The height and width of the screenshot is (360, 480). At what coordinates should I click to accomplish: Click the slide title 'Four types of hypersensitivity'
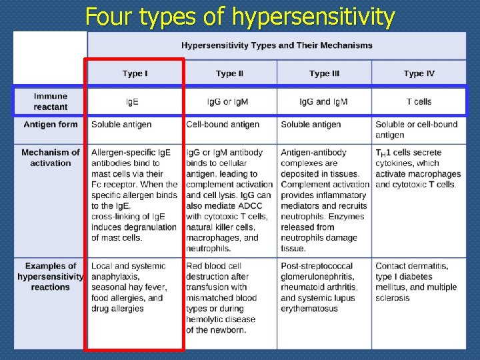click(240, 16)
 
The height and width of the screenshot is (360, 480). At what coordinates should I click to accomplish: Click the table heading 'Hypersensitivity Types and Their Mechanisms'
click(277, 45)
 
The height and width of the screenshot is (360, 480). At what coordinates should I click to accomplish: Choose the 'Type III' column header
click(325, 73)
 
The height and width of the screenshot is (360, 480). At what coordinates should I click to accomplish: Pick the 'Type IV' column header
click(419, 73)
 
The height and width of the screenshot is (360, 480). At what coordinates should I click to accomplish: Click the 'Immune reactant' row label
click(51, 101)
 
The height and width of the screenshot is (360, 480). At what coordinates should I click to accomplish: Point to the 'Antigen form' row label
click(51, 125)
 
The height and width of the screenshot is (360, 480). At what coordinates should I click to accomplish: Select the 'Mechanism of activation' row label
click(51, 157)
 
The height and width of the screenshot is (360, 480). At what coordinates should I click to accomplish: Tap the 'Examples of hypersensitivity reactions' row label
click(51, 276)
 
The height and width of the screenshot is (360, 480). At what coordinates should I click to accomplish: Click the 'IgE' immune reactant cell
click(133, 101)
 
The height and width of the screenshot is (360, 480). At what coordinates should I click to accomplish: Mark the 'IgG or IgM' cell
click(228, 101)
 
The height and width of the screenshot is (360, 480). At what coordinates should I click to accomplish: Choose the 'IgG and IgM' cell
click(323, 101)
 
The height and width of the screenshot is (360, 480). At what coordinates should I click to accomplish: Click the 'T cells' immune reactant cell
click(419, 101)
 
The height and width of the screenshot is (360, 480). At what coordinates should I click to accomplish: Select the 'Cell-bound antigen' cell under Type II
click(223, 125)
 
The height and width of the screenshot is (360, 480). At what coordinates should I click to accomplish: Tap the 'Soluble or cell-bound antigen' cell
click(416, 129)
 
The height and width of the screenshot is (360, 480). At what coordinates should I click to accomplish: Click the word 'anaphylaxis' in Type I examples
click(116, 277)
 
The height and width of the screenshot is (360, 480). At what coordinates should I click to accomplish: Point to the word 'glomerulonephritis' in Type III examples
click(319, 277)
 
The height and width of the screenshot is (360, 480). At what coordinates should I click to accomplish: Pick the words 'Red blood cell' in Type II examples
click(213, 266)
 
